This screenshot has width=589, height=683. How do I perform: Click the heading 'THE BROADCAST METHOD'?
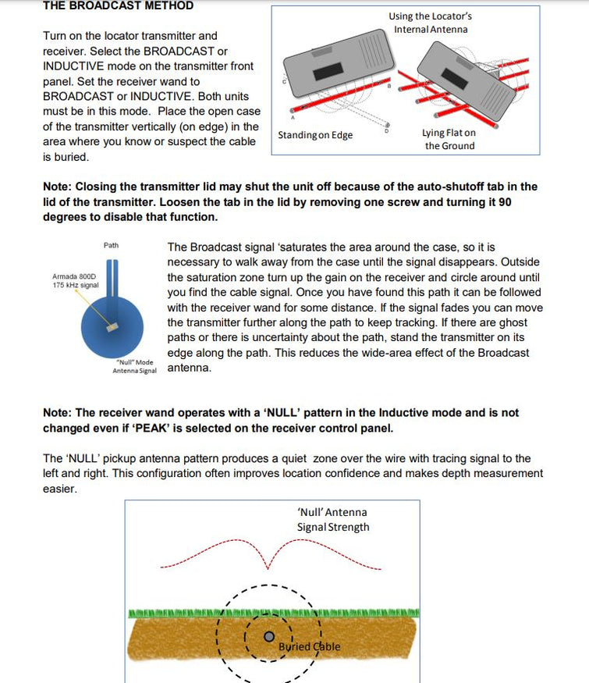click(117, 5)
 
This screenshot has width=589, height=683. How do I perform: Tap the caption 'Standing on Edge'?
click(315, 135)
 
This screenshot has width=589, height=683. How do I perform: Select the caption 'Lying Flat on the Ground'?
click(449, 139)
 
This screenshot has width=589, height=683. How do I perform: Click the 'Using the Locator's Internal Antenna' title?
click(431, 23)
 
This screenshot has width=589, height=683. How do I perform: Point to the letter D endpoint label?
click(388, 130)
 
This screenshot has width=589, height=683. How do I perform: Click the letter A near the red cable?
click(292, 118)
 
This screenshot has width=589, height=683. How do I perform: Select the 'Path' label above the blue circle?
click(112, 245)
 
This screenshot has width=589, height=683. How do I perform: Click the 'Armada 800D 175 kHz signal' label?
click(75, 281)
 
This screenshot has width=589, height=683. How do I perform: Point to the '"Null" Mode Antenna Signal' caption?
click(134, 366)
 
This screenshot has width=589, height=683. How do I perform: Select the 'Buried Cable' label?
click(309, 646)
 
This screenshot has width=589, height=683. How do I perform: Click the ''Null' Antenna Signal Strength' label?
click(332, 519)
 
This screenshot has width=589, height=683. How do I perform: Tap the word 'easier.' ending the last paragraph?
click(59, 489)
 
